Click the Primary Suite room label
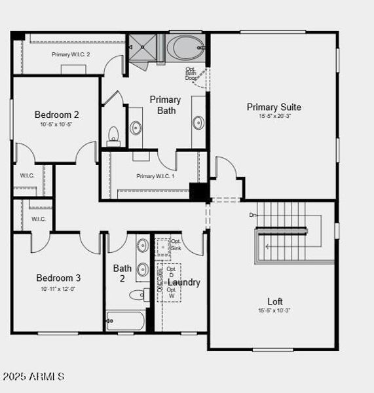274,107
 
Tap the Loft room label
275,301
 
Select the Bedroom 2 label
57,115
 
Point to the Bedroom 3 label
58,278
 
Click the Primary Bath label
166,105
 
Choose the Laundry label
184,282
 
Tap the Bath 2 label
122,273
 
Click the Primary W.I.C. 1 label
155,176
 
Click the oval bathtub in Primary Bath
185,48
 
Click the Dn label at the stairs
253,214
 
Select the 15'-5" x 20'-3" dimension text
274,117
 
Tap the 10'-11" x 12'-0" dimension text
58,289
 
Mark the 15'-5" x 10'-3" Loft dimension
275,311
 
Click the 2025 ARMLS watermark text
34,377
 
